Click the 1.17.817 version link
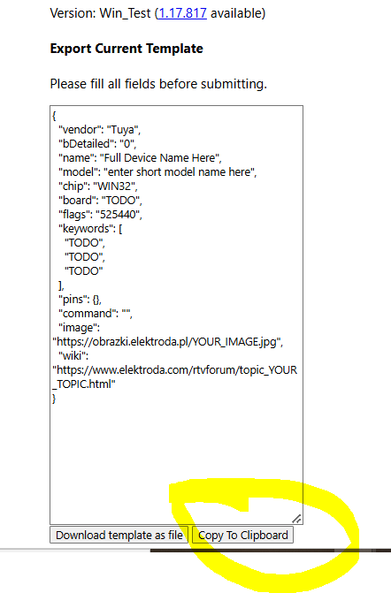coord(182,13)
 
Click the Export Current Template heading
coord(126,49)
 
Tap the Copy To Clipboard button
coord(242,536)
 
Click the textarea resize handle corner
coord(297,519)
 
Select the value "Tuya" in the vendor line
coord(124,130)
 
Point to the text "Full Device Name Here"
coord(160,157)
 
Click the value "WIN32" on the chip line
coord(115,186)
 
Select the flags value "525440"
coord(119,215)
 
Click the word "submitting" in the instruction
coord(234,84)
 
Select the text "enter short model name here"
coord(180,172)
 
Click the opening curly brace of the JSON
coord(54,116)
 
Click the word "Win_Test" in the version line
coord(125,13)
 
